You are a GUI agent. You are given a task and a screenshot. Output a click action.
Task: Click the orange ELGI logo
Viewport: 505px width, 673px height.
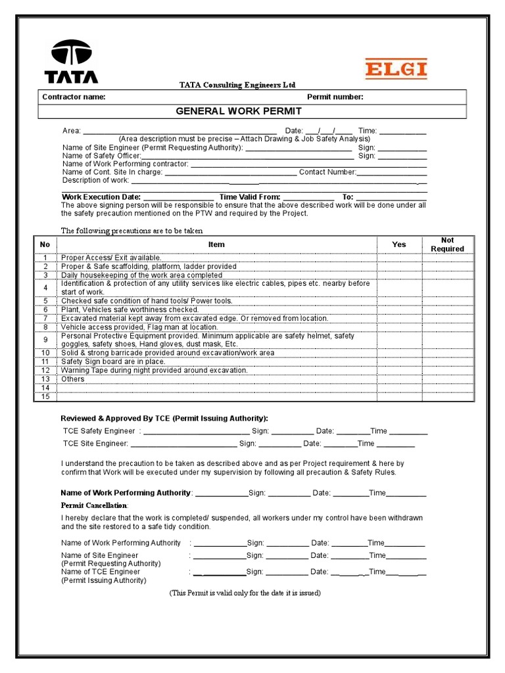pyautogui.click(x=396, y=69)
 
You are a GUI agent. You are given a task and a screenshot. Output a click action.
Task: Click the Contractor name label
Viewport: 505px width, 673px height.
pyautogui.click(x=74, y=97)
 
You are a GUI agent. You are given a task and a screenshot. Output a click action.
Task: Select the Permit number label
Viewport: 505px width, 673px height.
pyautogui.click(x=335, y=97)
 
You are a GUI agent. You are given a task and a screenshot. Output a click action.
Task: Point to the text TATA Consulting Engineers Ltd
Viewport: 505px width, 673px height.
pyautogui.click(x=238, y=85)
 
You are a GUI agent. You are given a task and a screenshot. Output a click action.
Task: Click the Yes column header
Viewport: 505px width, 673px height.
pyautogui.click(x=399, y=244)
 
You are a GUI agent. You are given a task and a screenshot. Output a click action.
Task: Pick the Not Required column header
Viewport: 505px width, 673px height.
pyautogui.click(x=447, y=244)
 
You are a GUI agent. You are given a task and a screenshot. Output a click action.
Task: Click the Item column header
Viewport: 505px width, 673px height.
pyautogui.click(x=216, y=244)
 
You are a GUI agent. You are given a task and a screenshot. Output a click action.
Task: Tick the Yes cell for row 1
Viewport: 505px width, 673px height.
pyautogui.click(x=399, y=258)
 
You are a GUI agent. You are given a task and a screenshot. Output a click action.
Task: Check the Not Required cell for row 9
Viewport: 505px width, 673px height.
pyautogui.click(x=447, y=340)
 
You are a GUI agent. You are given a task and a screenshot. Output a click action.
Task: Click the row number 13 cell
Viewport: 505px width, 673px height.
pyautogui.click(x=45, y=379)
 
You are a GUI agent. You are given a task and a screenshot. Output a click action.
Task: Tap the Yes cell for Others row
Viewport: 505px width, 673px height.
pyautogui.click(x=399, y=379)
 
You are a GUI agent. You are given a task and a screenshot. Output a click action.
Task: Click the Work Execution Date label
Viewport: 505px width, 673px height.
pyautogui.click(x=101, y=197)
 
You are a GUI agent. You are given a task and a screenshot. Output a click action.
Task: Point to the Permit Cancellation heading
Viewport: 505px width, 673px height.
pyautogui.click(x=95, y=505)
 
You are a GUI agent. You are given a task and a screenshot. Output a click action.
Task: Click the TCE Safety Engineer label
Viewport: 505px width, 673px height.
pyautogui.click(x=100, y=431)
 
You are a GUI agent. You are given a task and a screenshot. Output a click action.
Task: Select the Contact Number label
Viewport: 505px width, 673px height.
pyautogui.click(x=327, y=172)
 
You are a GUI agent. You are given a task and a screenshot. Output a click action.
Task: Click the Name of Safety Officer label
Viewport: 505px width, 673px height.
pyautogui.click(x=101, y=156)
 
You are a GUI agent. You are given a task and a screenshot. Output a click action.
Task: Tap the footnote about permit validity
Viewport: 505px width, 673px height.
pyautogui.click(x=245, y=593)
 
